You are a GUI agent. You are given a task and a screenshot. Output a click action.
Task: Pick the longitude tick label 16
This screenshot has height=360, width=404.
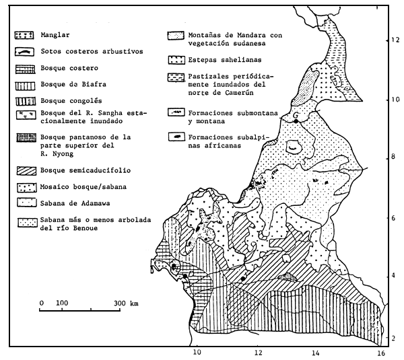point(380,351)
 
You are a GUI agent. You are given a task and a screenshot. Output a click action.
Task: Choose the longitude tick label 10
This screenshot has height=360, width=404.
point(197,351)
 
